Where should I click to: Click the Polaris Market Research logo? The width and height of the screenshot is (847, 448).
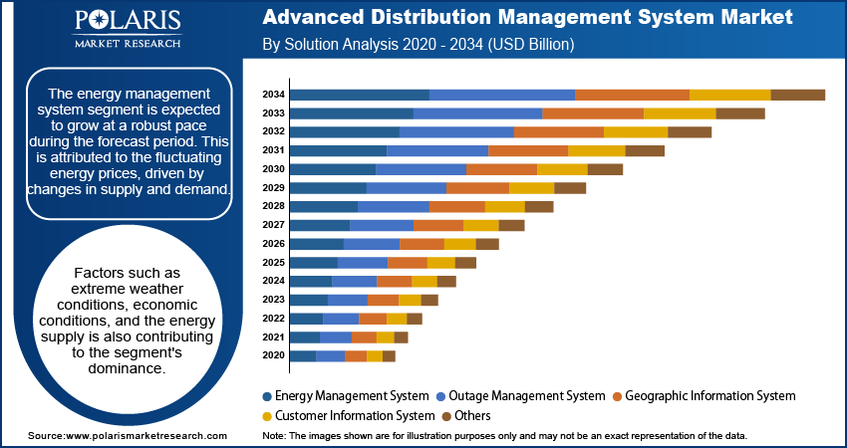click(x=127, y=30)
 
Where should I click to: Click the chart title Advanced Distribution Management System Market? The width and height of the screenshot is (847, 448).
click(x=527, y=18)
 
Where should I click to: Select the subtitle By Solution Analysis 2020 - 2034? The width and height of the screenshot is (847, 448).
click(x=418, y=46)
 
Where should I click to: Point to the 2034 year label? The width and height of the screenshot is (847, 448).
click(x=274, y=95)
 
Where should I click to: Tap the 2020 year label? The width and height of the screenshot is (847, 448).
click(x=274, y=355)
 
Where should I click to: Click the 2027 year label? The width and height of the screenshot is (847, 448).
click(x=274, y=225)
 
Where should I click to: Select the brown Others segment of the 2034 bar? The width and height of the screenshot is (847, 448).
click(x=797, y=95)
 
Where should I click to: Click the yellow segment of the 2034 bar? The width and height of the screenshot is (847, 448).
click(x=729, y=95)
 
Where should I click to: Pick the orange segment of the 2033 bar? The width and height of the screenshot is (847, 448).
click(x=593, y=113)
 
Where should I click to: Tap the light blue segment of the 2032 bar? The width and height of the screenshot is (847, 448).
click(x=456, y=132)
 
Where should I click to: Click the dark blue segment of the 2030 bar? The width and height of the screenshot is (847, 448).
click(x=332, y=169)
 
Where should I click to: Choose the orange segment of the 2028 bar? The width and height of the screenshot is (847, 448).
click(x=457, y=206)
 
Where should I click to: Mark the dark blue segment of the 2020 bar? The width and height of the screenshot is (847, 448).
click(x=302, y=355)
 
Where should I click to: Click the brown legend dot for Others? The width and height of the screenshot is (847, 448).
click(x=447, y=416)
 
